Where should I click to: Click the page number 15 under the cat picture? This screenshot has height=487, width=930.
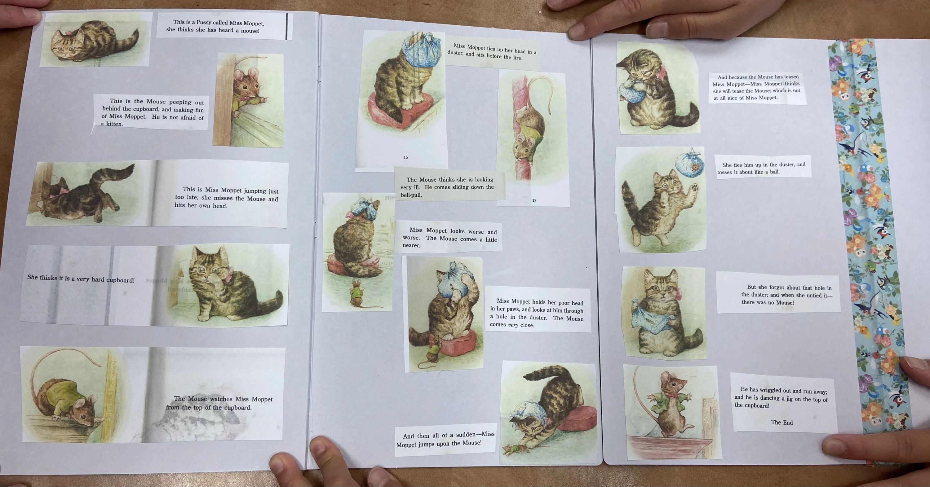406,157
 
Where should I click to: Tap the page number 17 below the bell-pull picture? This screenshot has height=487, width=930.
534,200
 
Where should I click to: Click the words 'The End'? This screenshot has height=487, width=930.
782,423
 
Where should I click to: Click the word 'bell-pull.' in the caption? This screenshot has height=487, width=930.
411,195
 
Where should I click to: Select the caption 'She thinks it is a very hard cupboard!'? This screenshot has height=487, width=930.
81,279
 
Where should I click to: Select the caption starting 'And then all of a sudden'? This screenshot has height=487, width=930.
445,439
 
